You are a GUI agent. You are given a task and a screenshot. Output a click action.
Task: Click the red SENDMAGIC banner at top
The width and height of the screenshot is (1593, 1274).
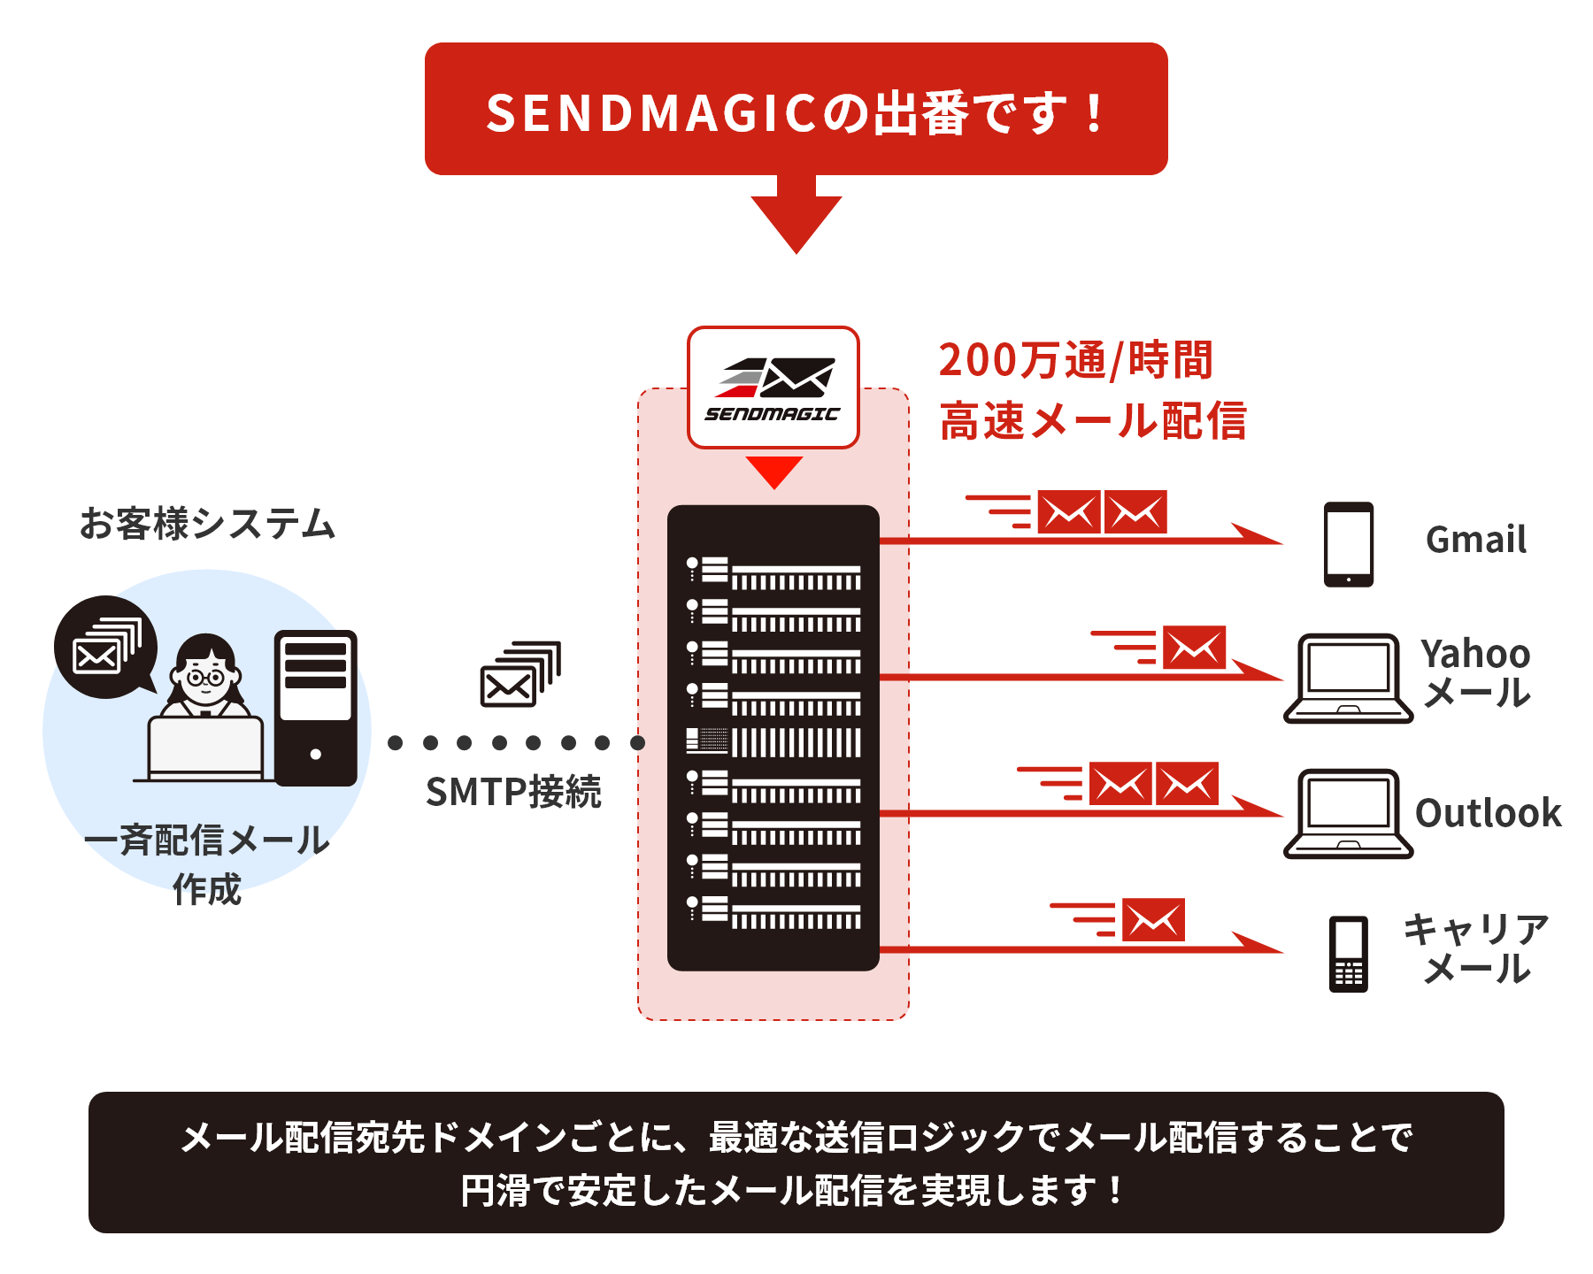(x=796, y=109)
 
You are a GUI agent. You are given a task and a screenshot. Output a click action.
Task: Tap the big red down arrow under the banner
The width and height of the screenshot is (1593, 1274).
(x=796, y=217)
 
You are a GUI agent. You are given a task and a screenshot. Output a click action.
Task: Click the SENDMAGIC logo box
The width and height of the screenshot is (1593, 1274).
(x=773, y=388)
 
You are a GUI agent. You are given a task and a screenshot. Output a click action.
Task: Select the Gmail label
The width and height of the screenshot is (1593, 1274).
(x=1476, y=540)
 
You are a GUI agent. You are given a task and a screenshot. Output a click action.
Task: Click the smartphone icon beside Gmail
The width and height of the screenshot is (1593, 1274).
(x=1349, y=544)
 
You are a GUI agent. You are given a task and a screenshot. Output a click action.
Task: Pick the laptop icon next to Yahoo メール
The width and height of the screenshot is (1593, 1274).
(x=1348, y=679)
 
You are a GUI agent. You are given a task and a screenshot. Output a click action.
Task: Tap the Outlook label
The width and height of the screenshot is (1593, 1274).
(x=1489, y=813)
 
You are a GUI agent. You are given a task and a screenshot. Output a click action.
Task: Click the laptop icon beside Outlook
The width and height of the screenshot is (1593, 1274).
(x=1348, y=814)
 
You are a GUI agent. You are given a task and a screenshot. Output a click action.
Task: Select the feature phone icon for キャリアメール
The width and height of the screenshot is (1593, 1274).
(x=1349, y=954)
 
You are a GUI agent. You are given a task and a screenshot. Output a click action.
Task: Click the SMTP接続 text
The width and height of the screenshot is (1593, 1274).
(x=513, y=792)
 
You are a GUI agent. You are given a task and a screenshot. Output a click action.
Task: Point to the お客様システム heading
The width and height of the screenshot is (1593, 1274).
(x=207, y=524)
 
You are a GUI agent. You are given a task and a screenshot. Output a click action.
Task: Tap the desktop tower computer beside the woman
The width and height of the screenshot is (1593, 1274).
(x=316, y=708)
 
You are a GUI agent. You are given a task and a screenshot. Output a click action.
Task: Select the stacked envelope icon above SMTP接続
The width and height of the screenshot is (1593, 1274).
(x=520, y=674)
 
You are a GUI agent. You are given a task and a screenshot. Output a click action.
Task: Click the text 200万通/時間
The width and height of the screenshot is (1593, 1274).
(x=1075, y=361)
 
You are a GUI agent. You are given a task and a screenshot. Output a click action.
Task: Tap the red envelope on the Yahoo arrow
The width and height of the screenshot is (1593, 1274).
(x=1194, y=648)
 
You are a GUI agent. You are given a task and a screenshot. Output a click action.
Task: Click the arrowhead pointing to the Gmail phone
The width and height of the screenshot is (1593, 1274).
(x=1257, y=534)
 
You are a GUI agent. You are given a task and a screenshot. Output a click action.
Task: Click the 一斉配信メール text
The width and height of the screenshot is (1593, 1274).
(x=207, y=840)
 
